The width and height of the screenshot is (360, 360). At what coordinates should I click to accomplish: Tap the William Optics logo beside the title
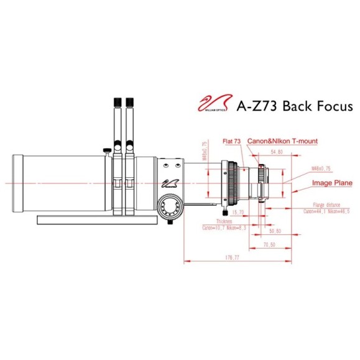[x=214, y=104]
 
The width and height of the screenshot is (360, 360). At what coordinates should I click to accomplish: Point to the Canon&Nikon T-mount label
[x=282, y=142]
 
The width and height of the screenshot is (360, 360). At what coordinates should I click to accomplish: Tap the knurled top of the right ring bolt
[x=130, y=101]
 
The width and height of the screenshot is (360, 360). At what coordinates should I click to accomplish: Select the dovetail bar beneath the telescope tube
[x=99, y=219]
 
